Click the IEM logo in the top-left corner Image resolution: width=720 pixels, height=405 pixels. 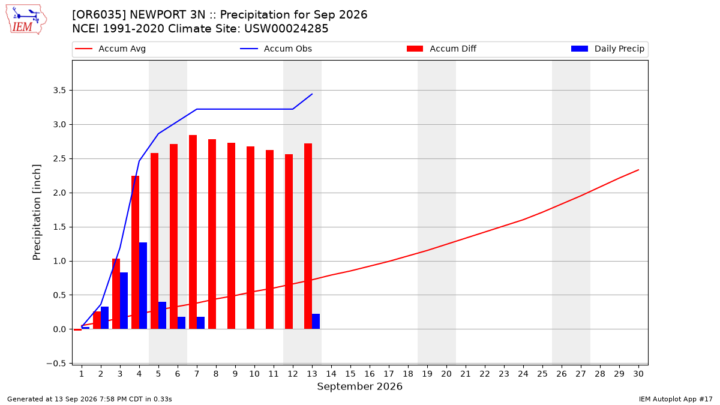click(x=26, y=20)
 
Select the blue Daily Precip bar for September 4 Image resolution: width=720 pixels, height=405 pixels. click(x=143, y=286)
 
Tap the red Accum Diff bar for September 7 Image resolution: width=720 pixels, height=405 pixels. click(x=193, y=232)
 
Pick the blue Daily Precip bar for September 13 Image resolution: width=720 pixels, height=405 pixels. click(x=316, y=322)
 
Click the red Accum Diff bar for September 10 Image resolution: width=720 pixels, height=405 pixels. click(x=250, y=238)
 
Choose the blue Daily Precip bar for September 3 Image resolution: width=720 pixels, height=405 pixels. click(x=124, y=301)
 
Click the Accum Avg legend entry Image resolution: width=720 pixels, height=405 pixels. click(x=110, y=49)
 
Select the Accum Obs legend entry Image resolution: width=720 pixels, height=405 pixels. click(x=276, y=49)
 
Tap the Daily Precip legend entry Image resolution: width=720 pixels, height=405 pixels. click(x=607, y=49)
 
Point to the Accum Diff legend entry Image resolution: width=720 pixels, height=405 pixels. click(x=442, y=49)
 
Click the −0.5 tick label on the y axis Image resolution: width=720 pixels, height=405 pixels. click(x=56, y=364)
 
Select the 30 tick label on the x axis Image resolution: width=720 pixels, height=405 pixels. click(x=638, y=374)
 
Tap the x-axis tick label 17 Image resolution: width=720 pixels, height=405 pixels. click(x=389, y=374)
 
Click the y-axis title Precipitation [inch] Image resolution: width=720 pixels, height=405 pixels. click(x=37, y=212)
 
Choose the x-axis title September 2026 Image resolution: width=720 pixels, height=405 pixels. click(x=359, y=386)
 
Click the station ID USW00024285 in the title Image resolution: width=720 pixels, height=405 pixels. click(x=286, y=29)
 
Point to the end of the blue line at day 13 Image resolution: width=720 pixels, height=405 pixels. click(x=312, y=94)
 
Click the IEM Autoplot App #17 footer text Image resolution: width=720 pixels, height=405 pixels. click(x=676, y=399)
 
